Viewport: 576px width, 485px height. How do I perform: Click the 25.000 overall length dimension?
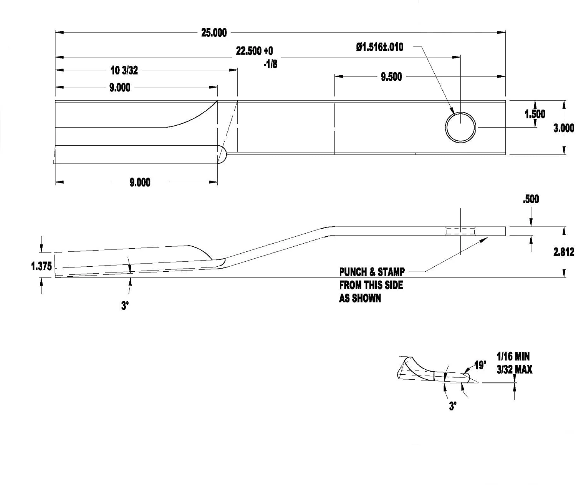[x=214, y=33]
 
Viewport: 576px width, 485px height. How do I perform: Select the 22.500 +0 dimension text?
[x=254, y=51]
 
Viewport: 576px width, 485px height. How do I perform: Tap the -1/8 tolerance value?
[x=270, y=64]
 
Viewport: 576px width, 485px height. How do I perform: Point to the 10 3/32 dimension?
[x=124, y=70]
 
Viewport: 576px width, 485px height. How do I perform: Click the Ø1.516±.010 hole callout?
[x=379, y=47]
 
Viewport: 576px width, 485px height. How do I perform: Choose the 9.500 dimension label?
[x=391, y=77]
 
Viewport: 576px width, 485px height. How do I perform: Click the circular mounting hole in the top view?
[x=460, y=127]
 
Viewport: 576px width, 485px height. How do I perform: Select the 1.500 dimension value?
[x=535, y=114]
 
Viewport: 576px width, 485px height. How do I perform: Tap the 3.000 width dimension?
[x=563, y=128]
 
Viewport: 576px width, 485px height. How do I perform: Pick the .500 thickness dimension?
[x=531, y=199]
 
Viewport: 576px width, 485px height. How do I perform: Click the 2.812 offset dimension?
[x=563, y=252]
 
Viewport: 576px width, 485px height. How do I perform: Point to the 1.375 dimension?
[x=41, y=266]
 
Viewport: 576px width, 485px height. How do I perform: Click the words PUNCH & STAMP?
[x=372, y=272]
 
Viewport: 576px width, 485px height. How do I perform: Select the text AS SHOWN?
[x=360, y=298]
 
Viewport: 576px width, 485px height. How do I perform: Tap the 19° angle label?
[x=480, y=365]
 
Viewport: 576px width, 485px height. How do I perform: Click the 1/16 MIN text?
[x=513, y=357]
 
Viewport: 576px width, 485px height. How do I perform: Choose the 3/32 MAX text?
[x=514, y=370]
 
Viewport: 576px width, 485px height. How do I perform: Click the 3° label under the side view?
[x=125, y=306]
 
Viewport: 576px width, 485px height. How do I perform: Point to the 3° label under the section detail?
[x=453, y=406]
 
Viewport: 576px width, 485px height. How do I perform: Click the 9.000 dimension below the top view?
[x=140, y=182]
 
